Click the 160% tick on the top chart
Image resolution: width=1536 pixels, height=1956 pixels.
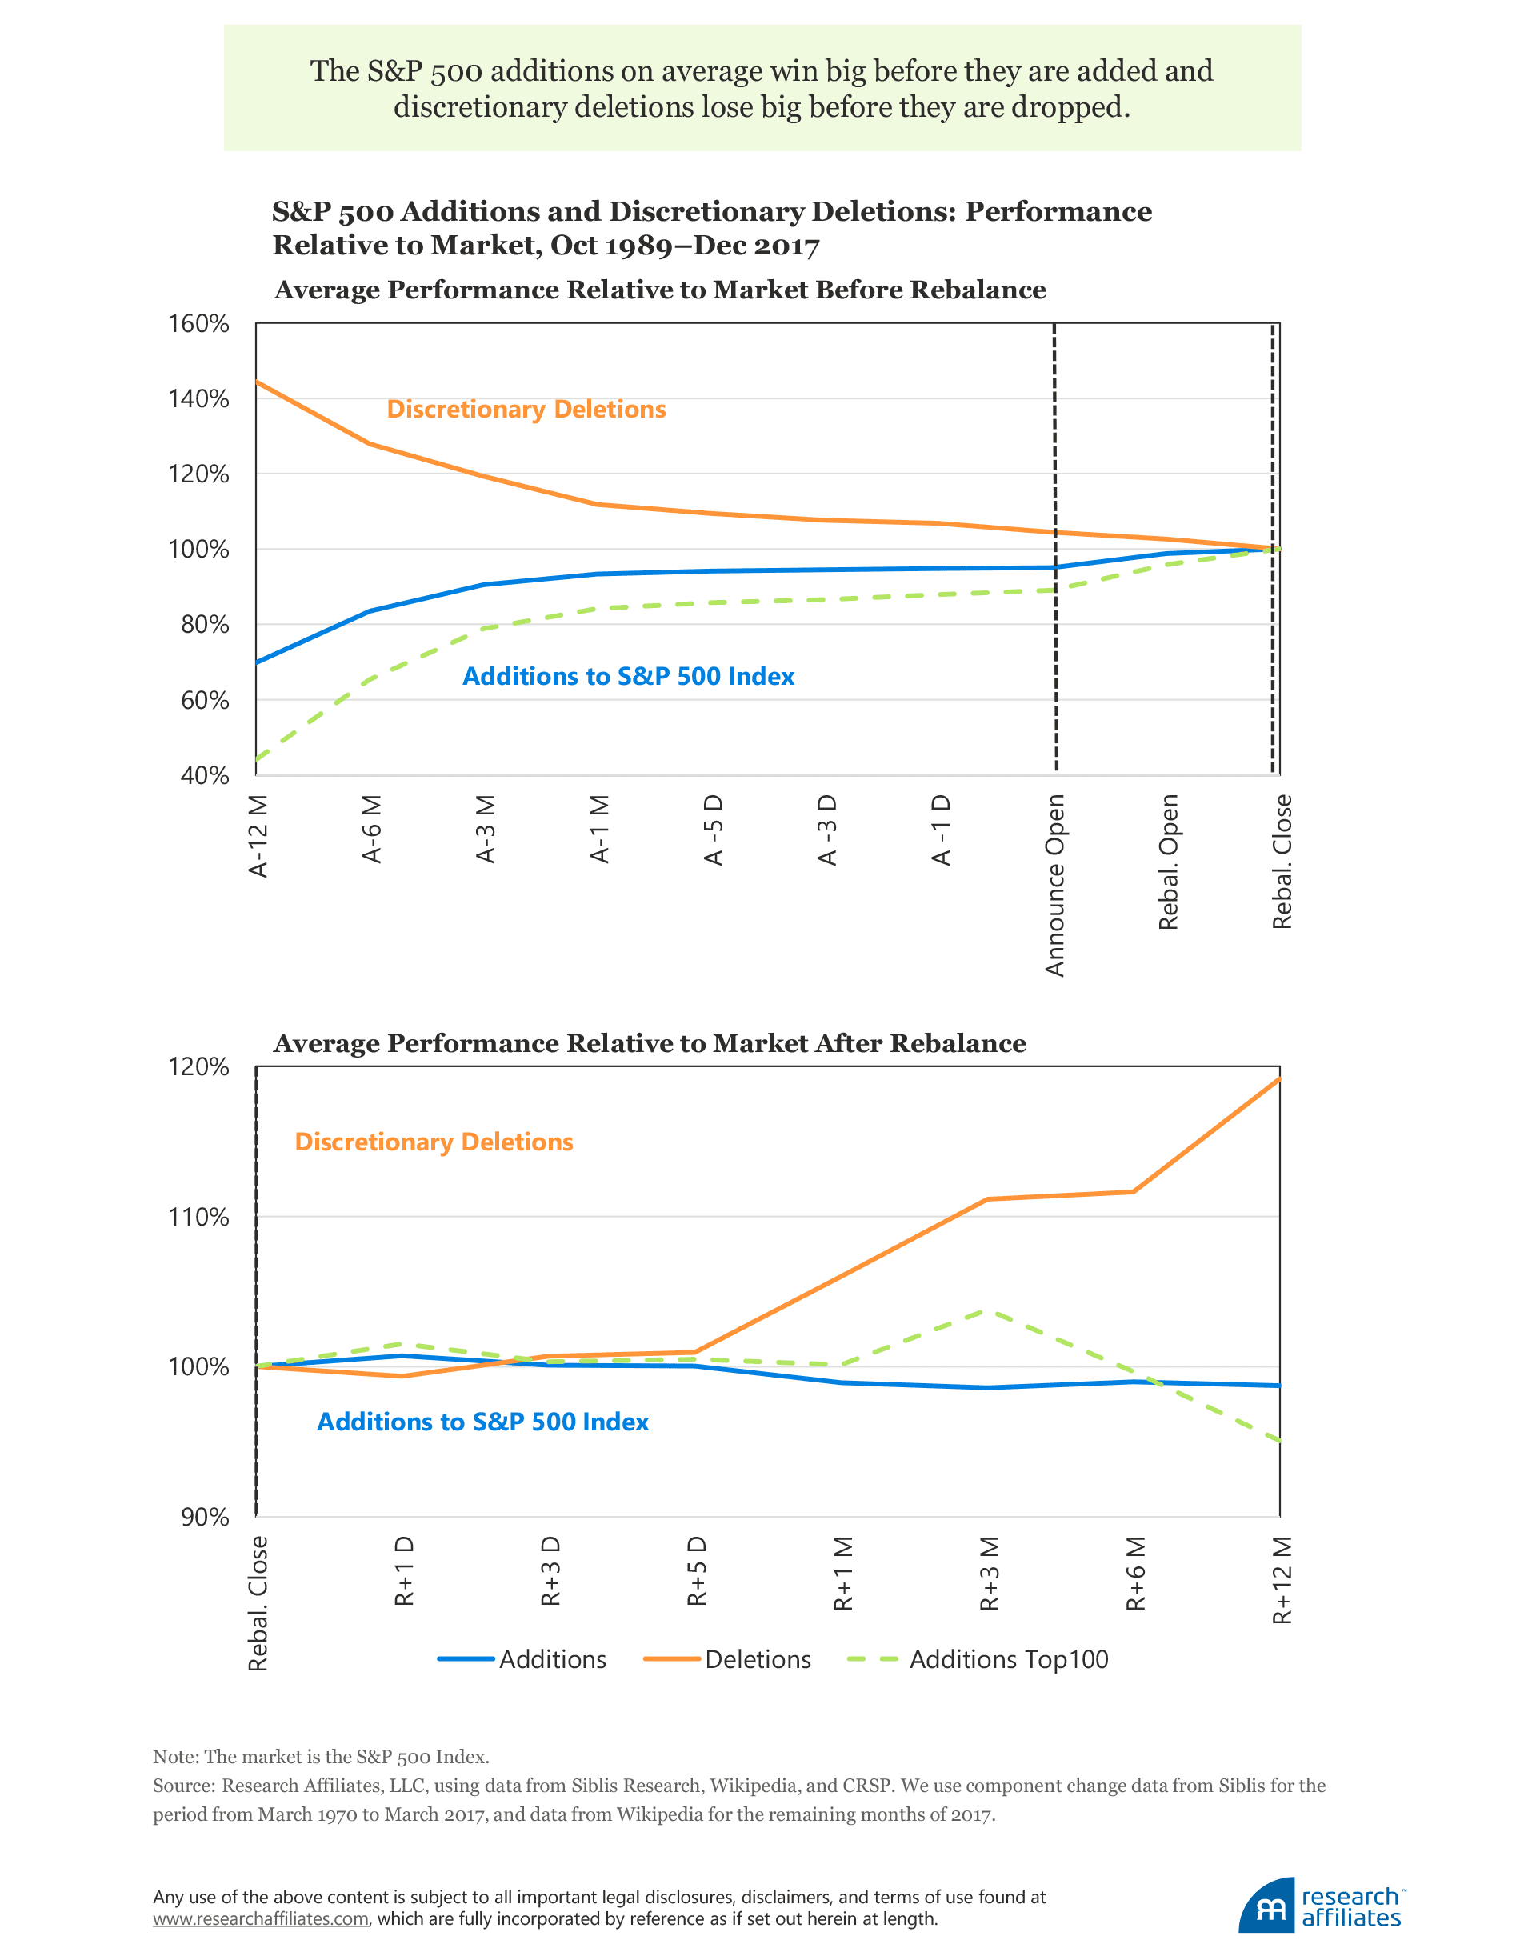tap(198, 324)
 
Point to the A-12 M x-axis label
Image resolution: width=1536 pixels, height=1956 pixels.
tap(259, 836)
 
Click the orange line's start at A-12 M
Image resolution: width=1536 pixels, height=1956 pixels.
tap(258, 382)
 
